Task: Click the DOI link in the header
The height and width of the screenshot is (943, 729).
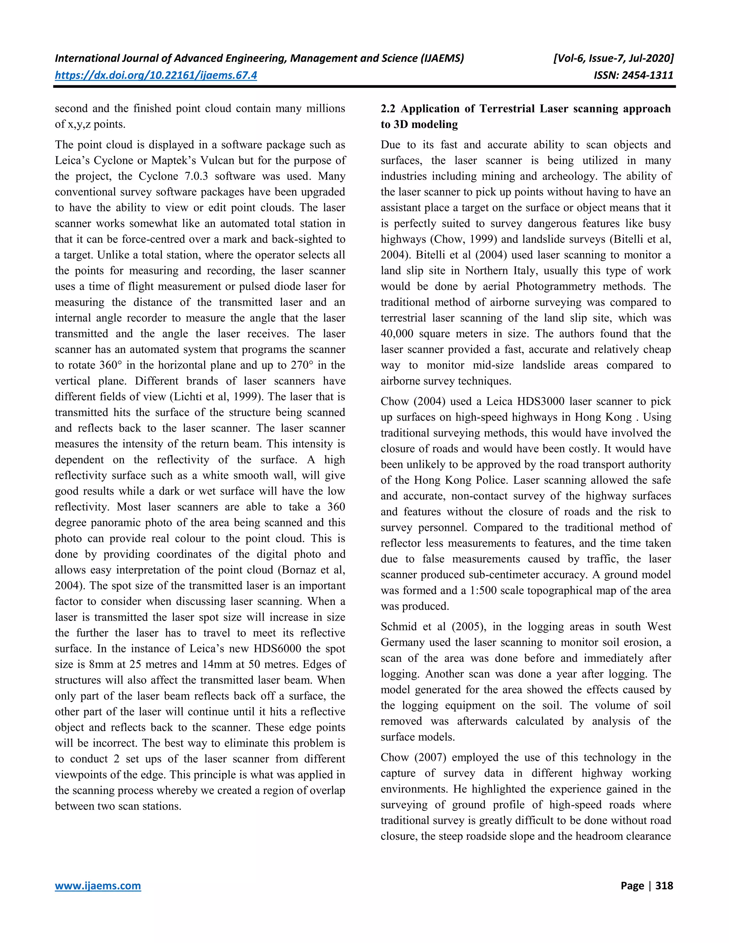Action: pos(156,75)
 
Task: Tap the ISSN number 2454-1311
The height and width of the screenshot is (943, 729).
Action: pos(647,75)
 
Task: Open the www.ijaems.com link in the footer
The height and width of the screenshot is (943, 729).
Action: pos(98,886)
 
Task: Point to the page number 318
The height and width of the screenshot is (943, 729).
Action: pos(664,886)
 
